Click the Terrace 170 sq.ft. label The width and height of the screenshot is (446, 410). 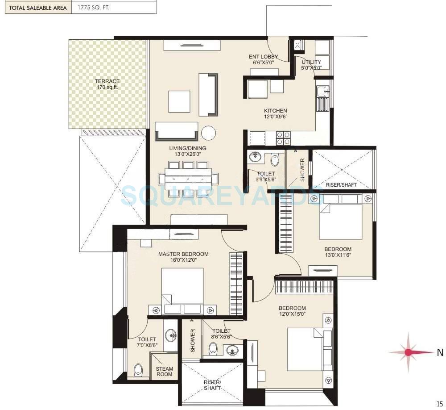[107, 84]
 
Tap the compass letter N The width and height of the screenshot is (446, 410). [440, 352]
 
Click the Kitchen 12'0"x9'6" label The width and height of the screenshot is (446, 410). [275, 114]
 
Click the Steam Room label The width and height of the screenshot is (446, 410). [164, 372]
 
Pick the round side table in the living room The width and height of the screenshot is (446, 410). [208, 133]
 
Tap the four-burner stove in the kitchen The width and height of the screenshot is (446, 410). [283, 138]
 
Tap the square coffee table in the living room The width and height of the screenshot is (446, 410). [179, 101]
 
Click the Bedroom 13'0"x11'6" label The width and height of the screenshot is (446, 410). [338, 252]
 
